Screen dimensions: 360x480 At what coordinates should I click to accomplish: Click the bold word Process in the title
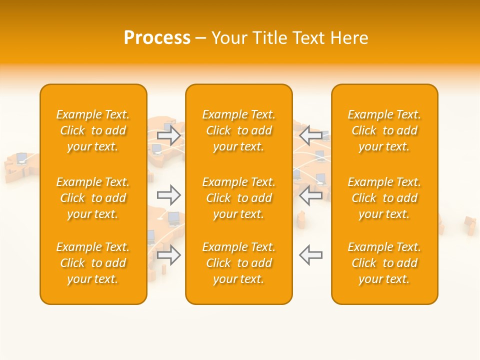(157, 38)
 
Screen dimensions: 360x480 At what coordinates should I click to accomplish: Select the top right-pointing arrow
(169, 134)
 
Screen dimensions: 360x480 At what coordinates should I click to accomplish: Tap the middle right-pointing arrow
(169, 194)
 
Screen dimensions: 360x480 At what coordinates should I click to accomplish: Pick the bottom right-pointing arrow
(169, 255)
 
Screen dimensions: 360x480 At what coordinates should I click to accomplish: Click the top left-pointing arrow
(310, 134)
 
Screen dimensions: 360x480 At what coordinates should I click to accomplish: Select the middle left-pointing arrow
(310, 194)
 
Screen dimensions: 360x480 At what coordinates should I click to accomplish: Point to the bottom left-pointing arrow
(310, 255)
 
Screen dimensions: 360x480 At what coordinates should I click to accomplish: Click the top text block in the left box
(93, 130)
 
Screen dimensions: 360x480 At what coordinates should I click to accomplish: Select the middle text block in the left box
(93, 198)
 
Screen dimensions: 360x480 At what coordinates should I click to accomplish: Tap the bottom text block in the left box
(93, 263)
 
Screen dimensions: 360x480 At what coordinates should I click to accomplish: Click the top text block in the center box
(239, 130)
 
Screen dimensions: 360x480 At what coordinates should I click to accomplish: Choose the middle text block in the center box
(239, 198)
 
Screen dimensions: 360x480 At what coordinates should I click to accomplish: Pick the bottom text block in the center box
(239, 263)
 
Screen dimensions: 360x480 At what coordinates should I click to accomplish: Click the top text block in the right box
(384, 130)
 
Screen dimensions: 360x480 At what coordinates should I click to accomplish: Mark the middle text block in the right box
(384, 198)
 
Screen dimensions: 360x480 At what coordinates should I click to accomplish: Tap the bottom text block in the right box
(384, 263)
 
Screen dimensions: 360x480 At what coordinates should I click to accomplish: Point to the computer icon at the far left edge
(21, 158)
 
